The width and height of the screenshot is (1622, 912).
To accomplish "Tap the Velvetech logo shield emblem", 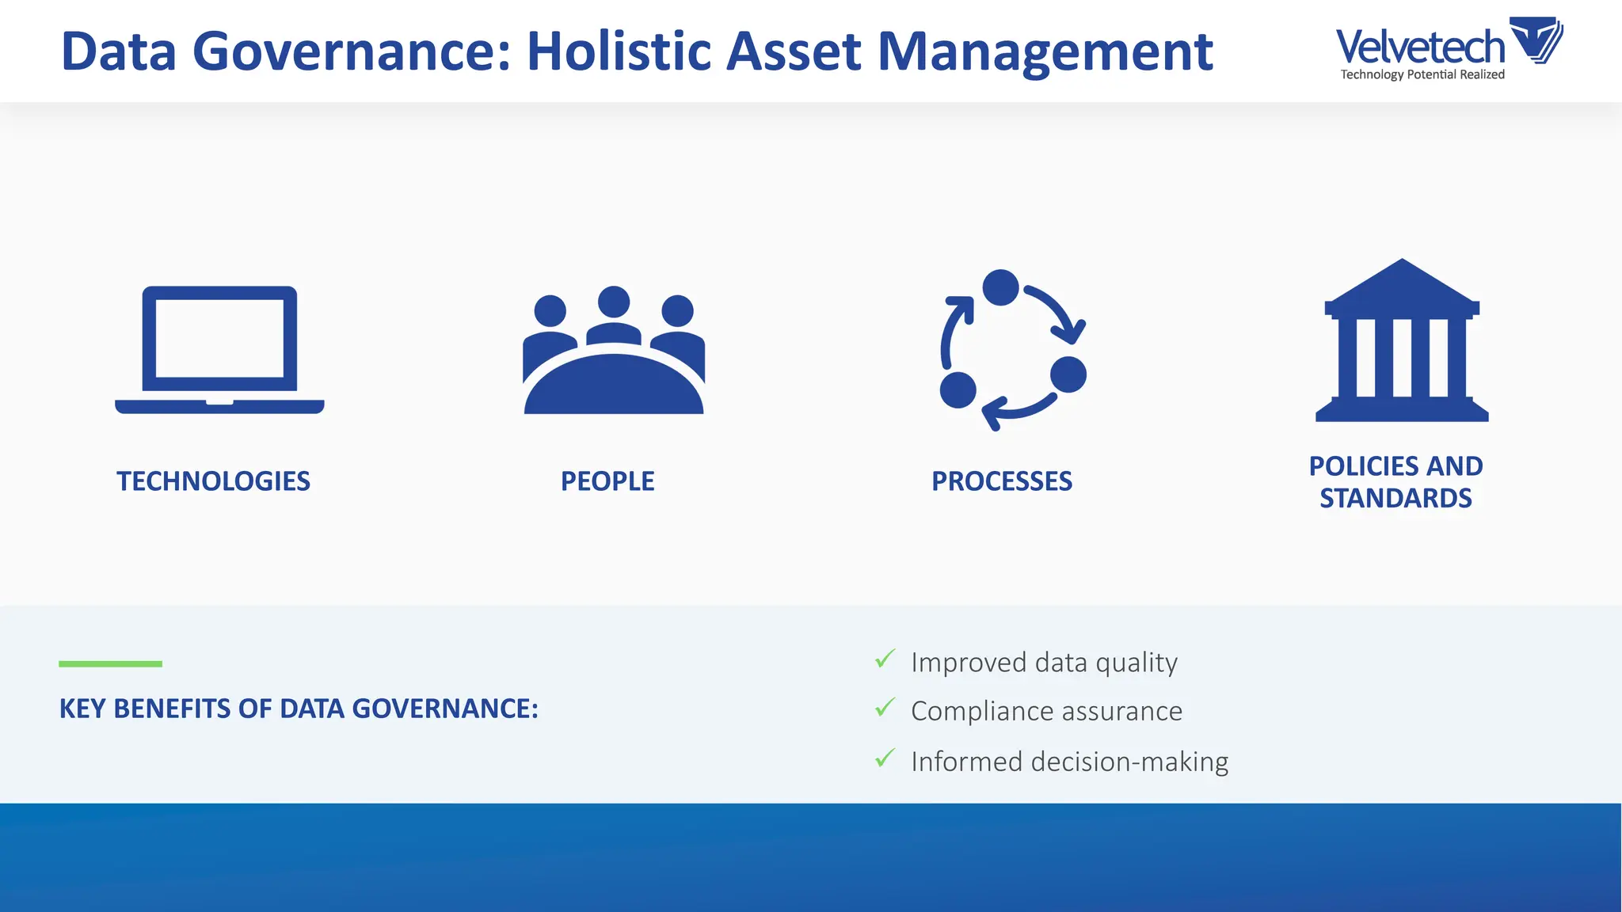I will [x=1536, y=40].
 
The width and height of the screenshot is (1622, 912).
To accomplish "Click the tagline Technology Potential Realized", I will [x=1422, y=74].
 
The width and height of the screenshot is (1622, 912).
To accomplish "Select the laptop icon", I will [x=219, y=349].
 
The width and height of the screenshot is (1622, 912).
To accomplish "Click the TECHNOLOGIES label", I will [x=213, y=481].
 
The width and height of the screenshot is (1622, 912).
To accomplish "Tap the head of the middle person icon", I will [x=614, y=302].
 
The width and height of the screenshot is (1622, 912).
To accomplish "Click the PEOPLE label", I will [x=607, y=481].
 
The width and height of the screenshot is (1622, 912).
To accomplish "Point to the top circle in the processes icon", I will [x=1000, y=287].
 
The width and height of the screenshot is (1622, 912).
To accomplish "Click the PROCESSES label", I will [x=1001, y=481].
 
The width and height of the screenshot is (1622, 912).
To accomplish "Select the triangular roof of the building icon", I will [x=1402, y=283].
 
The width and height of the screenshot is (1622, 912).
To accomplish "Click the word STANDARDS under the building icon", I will [x=1395, y=499].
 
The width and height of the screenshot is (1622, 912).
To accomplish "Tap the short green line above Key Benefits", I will [x=110, y=663].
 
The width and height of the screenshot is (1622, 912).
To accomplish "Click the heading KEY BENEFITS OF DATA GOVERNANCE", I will [x=299, y=709].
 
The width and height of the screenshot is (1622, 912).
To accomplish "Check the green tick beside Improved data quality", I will [x=885, y=659].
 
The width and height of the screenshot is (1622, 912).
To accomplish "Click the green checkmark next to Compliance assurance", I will [x=885, y=707].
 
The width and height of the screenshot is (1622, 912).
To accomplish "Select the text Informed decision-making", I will [x=1069, y=762].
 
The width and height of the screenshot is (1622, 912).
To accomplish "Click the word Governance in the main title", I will [x=352, y=51].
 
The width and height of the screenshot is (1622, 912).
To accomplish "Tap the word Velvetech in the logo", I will [x=1419, y=47].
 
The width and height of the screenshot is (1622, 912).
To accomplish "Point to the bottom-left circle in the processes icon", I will [x=958, y=389].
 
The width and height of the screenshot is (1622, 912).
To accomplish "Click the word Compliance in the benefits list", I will [x=982, y=712].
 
